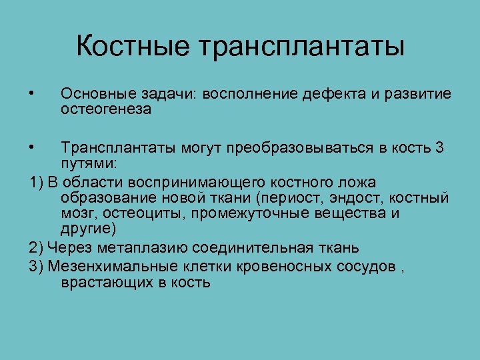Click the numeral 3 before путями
point(439,148)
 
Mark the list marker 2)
point(37,248)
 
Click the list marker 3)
point(37,266)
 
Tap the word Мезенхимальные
point(105,266)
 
